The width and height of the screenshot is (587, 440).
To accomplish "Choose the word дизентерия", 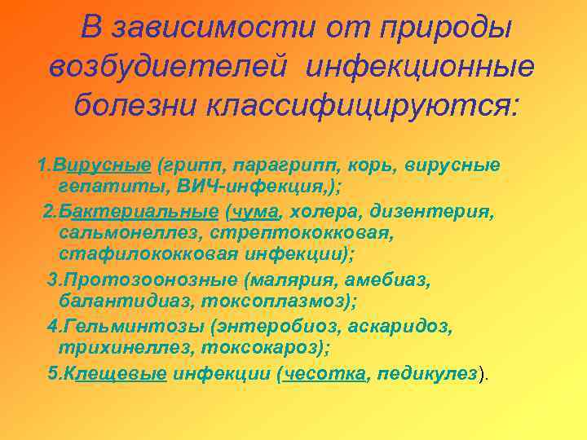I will point(432,213).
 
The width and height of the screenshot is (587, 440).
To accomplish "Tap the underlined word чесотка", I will point(325,374).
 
